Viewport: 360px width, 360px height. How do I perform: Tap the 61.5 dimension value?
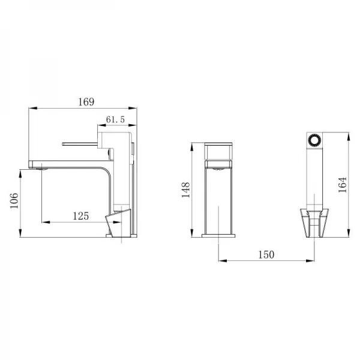coord(115,119)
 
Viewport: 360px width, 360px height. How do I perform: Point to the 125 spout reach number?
coord(81,215)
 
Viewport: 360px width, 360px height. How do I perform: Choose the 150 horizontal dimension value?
coord(266,254)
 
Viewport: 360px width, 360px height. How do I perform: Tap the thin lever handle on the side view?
coord(81,143)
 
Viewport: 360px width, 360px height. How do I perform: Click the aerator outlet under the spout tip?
coord(41,170)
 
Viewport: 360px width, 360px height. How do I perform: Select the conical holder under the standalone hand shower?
coord(314,222)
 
